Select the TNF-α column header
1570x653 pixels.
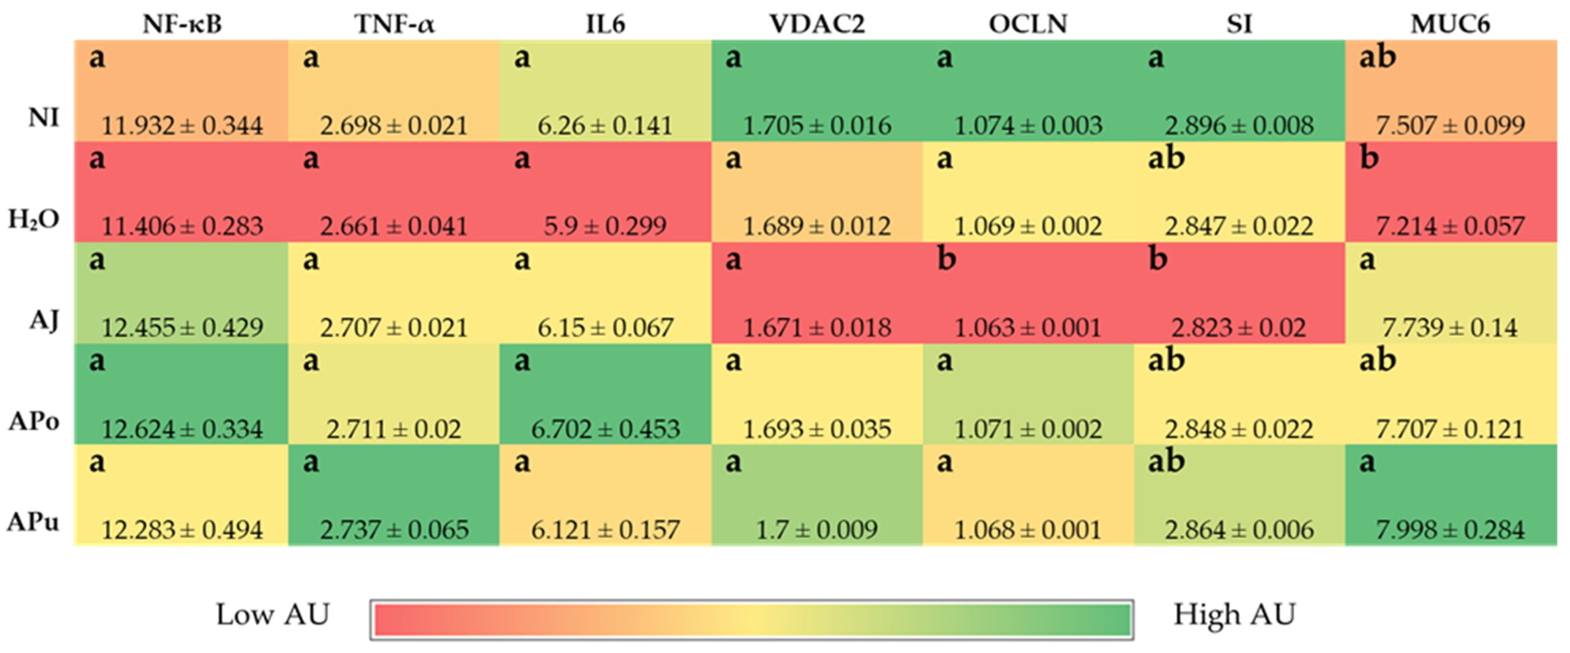click(x=394, y=24)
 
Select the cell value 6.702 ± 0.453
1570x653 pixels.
click(x=605, y=429)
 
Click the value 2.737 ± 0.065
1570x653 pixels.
click(x=394, y=530)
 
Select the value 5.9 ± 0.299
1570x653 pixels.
click(x=605, y=226)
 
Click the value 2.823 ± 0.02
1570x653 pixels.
click(x=1239, y=328)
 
